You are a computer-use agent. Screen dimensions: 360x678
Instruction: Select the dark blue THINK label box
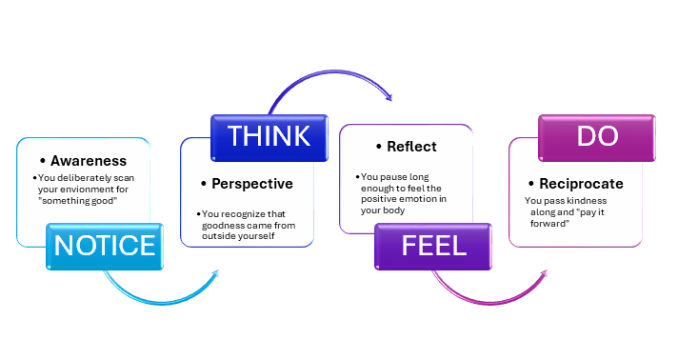point(268,136)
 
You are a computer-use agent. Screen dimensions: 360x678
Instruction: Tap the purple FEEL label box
point(433,246)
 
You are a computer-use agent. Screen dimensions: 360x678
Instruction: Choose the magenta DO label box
point(597,136)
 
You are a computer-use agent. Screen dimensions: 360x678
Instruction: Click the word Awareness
point(88,161)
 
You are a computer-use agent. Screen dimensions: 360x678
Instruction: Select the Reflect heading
point(411,147)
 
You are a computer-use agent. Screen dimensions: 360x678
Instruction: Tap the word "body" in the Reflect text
point(389,210)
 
